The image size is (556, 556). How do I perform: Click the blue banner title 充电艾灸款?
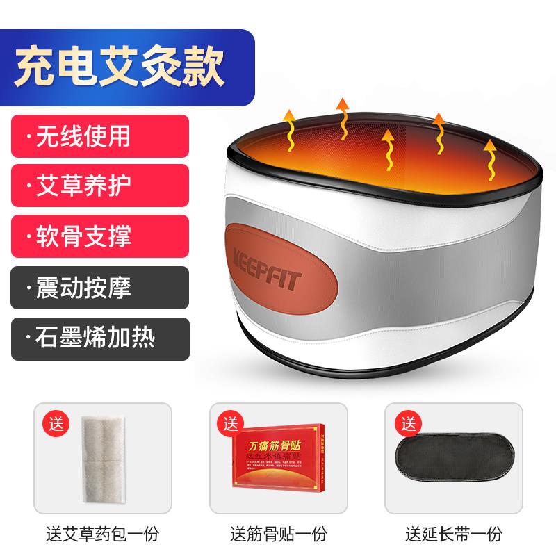122,65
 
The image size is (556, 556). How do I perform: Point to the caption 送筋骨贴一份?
277,534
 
